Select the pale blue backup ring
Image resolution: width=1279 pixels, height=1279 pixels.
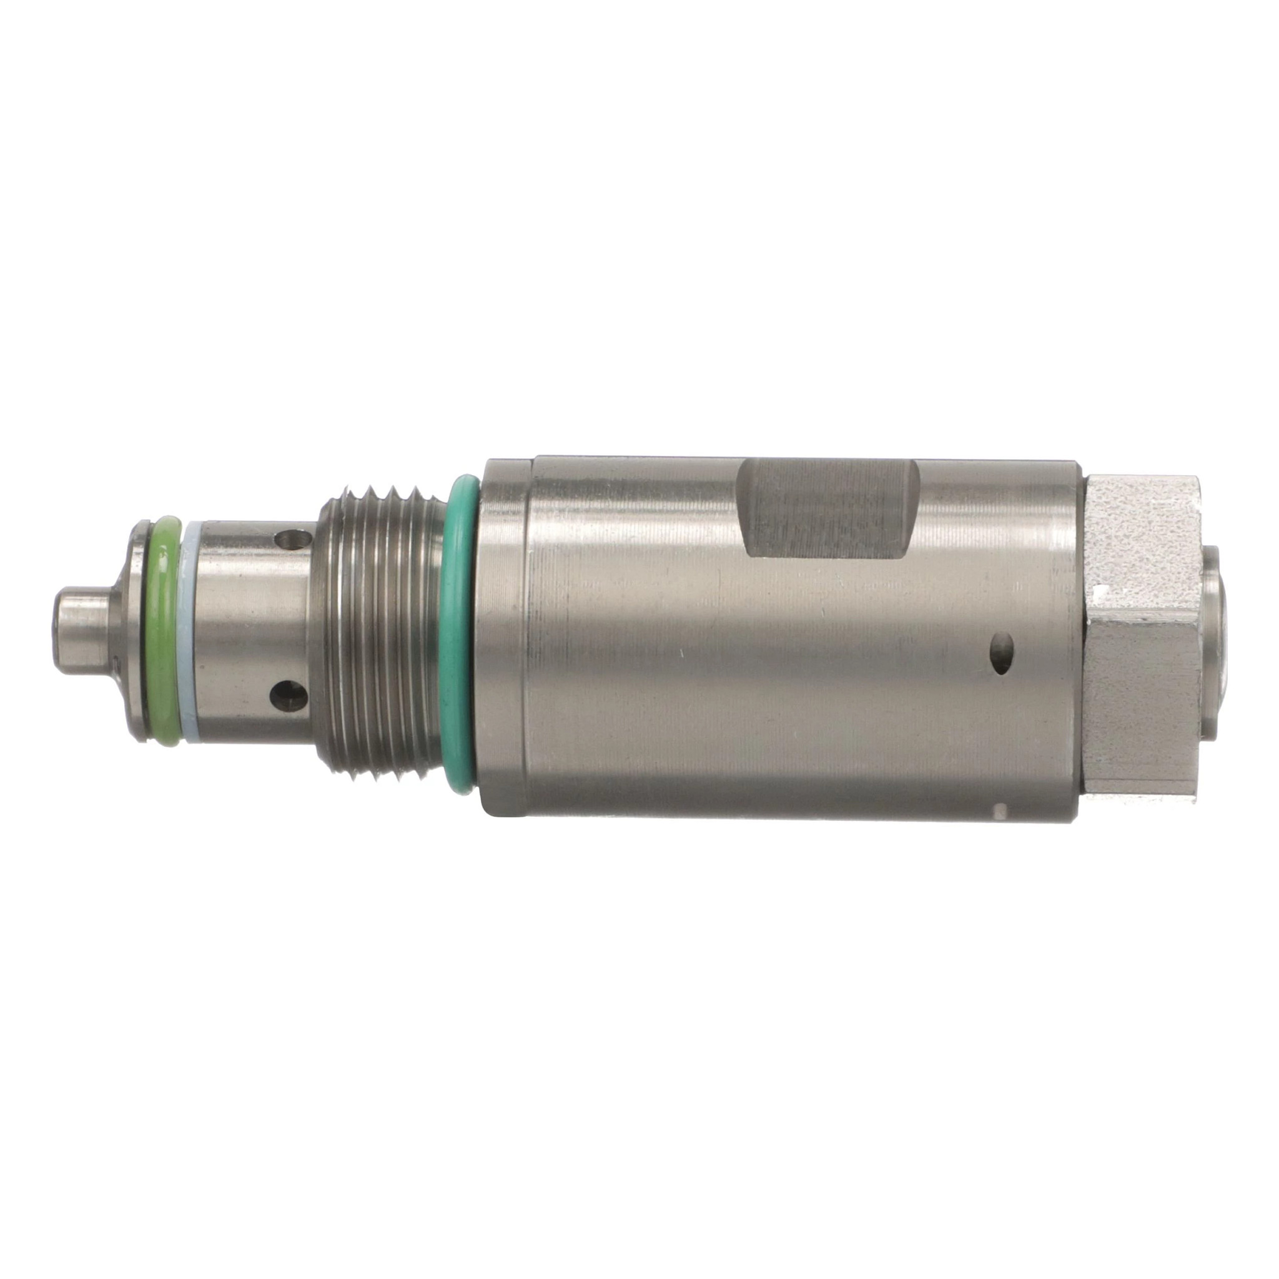pyautogui.click(x=190, y=631)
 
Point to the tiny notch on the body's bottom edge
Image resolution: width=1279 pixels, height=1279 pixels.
pyautogui.click(x=1000, y=809)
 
